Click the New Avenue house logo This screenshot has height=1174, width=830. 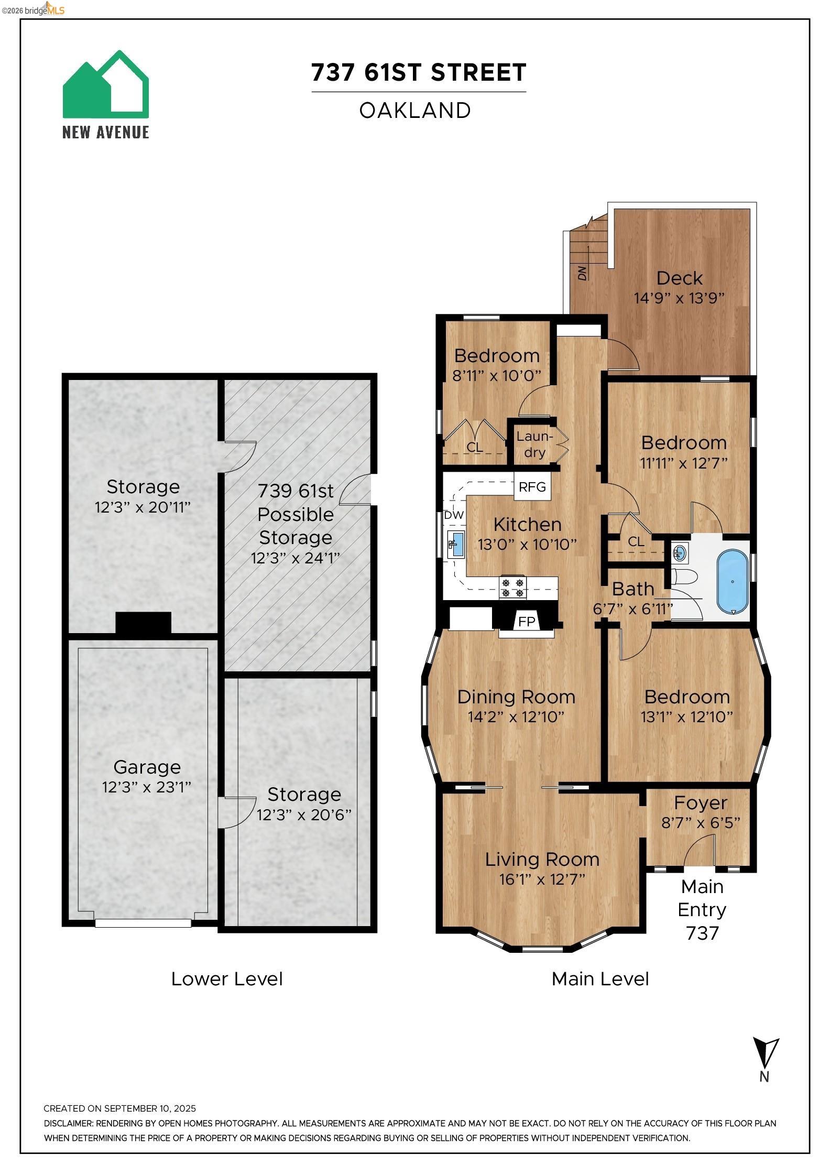pos(105,85)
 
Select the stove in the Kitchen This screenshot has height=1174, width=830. pos(512,587)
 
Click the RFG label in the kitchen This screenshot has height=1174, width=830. pos(532,487)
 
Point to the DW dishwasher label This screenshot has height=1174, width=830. pos(454,515)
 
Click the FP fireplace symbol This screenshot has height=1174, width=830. pos(527,622)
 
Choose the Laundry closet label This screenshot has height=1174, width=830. pos(534,444)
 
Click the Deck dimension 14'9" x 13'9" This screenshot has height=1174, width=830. pos(679,298)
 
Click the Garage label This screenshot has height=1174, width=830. pos(147,767)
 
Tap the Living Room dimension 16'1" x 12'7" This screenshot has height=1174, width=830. pos(542,879)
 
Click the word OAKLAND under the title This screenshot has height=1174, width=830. pos(415,111)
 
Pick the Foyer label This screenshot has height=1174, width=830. pos(701,802)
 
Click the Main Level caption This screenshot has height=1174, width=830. pos(600,979)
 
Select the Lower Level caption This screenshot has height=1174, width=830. pos(227,979)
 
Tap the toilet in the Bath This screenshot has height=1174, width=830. pos(684,578)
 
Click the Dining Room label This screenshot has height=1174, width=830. pos(516,697)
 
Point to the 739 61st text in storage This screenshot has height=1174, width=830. pos(296,491)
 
